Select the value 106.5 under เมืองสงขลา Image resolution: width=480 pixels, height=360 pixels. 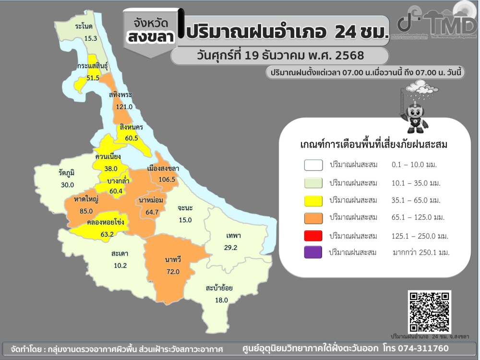coord(163,179)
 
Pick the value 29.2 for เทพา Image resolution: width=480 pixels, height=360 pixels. coord(231,248)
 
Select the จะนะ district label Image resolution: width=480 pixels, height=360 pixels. coord(185,208)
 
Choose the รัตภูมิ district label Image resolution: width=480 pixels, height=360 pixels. coord(67,173)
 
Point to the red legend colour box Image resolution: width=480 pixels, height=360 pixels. coord(313,236)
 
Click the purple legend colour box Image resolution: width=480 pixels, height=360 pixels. coord(313,252)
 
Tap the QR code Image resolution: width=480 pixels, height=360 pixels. coord(430,312)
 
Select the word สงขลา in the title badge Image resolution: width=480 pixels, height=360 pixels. coord(150,37)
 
